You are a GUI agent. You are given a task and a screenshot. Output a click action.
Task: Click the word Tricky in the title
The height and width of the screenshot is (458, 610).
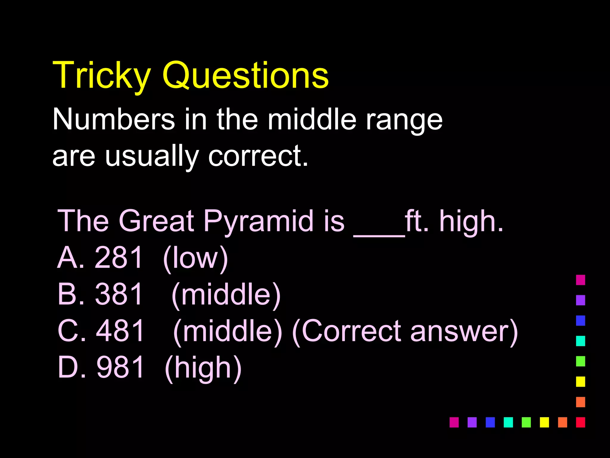pos(101,75)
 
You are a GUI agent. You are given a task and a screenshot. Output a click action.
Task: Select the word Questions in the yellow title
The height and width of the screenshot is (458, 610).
pos(245,75)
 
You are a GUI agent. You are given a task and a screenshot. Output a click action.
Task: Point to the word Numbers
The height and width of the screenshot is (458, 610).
pos(113,119)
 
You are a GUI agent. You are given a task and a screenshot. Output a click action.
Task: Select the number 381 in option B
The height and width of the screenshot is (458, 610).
pos(119,294)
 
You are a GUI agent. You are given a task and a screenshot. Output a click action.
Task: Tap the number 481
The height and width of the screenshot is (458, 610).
pos(120,331)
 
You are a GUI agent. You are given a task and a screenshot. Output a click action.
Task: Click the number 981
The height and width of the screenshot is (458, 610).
pos(120,367)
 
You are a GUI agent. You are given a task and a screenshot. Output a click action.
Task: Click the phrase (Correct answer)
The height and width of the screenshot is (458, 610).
pos(405,332)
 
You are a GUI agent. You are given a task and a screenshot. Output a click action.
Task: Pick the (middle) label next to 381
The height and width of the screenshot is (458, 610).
pos(226,295)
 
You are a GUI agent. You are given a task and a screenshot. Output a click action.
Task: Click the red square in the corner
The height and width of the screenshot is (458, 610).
pos(581,422)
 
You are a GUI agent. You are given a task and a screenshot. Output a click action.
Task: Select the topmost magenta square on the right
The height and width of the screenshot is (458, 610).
pos(581,280)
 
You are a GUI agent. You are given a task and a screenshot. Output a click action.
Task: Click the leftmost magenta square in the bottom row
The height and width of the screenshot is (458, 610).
pos(454,422)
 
